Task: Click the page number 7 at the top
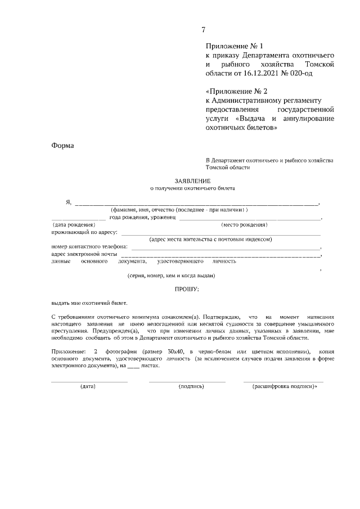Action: tap(204, 30)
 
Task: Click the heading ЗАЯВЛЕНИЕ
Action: tap(192, 181)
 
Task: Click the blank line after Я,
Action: tap(197, 203)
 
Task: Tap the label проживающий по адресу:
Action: tap(84, 232)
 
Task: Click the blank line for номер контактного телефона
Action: tap(225, 247)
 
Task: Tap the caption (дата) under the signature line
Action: tap(88, 387)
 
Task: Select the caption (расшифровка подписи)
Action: tap(284, 387)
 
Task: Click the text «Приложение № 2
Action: tap(236, 91)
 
